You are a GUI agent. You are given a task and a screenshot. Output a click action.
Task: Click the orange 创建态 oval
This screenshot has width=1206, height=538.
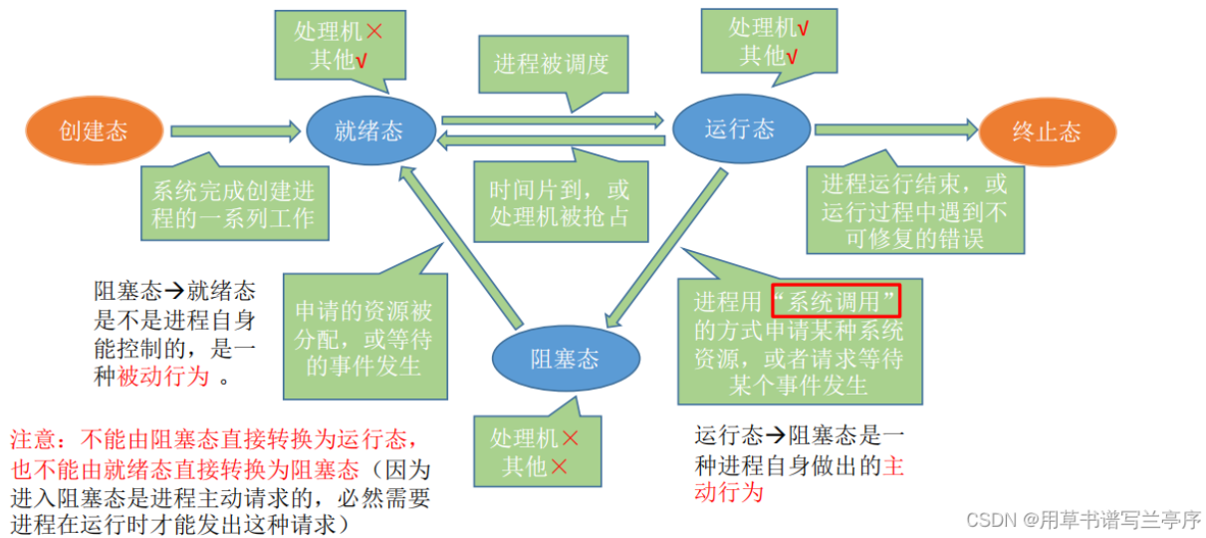[93, 131]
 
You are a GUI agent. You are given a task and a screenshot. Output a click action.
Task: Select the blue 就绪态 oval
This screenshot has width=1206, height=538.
[369, 131]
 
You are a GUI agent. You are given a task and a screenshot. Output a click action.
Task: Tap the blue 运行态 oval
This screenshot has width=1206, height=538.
[738, 129]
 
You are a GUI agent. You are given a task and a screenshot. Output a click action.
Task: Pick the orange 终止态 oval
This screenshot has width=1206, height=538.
[1047, 132]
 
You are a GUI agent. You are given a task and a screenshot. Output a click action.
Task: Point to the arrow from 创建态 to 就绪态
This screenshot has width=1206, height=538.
[235, 130]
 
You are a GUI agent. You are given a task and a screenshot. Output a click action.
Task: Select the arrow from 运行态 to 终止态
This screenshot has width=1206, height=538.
[895, 129]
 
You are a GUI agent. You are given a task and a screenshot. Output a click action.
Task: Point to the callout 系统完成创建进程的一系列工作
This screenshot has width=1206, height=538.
[233, 204]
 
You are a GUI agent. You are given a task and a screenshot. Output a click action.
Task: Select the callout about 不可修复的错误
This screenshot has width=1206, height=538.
[913, 211]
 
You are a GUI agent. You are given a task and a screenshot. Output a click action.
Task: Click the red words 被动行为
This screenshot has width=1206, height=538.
[164, 377]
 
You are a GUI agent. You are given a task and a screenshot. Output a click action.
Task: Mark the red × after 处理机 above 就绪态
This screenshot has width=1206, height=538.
[374, 31]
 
